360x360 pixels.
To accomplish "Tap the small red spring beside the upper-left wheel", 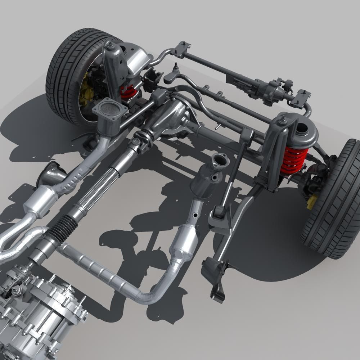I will tap(129, 93).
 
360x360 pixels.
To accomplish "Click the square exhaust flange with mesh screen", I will tap(109, 109).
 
